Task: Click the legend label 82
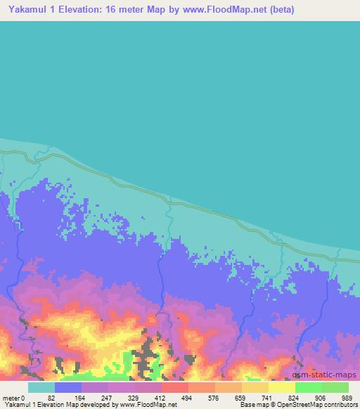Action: [51, 396]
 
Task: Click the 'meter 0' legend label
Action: [13, 396]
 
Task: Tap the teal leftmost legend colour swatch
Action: [41, 387]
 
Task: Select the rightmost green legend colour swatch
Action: [335, 387]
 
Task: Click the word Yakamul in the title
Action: [23, 10]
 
